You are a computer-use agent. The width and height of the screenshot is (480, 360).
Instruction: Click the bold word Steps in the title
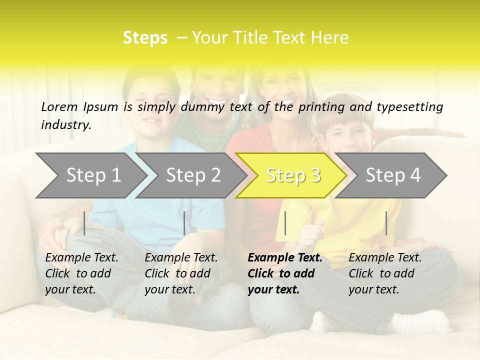[145, 38]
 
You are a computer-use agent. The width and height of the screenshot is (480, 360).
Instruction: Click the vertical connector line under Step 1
[84, 223]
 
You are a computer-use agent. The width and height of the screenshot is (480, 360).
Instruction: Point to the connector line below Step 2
[184, 223]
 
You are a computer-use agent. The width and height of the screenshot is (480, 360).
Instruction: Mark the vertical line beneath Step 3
[285, 223]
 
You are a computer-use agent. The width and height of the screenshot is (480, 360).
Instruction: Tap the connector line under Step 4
[386, 223]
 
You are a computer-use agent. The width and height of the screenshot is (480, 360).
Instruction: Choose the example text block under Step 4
[385, 273]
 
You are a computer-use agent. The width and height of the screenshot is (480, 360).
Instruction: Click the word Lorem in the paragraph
[59, 106]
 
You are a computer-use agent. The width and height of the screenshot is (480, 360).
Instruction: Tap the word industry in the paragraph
[66, 124]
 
